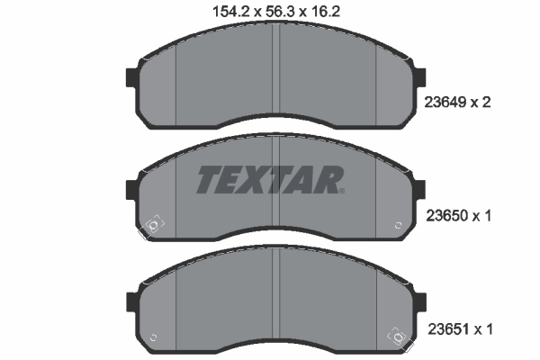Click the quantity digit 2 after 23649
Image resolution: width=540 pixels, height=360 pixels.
pos(487,103)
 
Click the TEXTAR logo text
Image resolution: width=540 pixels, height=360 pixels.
pos(267,180)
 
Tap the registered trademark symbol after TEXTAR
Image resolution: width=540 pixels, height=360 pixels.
pos(341,190)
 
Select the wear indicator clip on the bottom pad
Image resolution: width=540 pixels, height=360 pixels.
pos(397,337)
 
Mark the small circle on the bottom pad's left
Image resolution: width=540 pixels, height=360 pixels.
pos(152,337)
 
